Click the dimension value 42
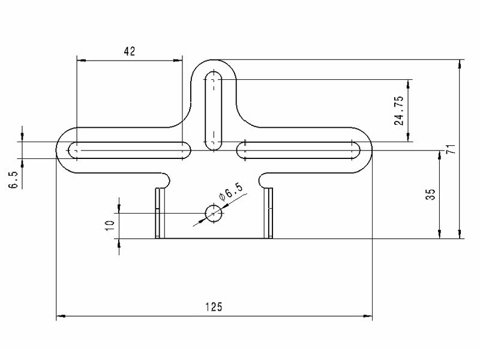click(x=130, y=51)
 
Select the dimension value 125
click(x=214, y=307)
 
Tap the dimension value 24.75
click(x=399, y=111)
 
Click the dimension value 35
click(x=430, y=194)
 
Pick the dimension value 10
click(x=110, y=226)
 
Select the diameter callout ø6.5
click(x=231, y=192)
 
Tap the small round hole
click(x=214, y=213)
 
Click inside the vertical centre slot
click(x=214, y=110)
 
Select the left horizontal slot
click(x=129, y=151)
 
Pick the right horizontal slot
click(x=298, y=151)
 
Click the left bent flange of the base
click(x=160, y=213)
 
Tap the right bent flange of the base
click(x=268, y=213)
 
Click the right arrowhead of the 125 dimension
click(x=368, y=316)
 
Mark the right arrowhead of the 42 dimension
click(x=178, y=61)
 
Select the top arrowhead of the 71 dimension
click(x=459, y=64)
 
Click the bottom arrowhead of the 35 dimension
click(x=440, y=234)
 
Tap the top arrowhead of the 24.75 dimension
click(x=408, y=84)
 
